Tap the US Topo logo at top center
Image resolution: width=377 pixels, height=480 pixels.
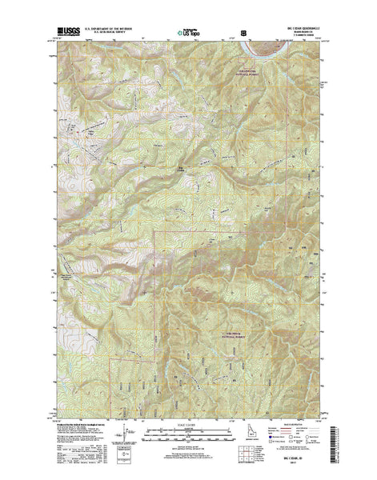pos(189,34)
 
